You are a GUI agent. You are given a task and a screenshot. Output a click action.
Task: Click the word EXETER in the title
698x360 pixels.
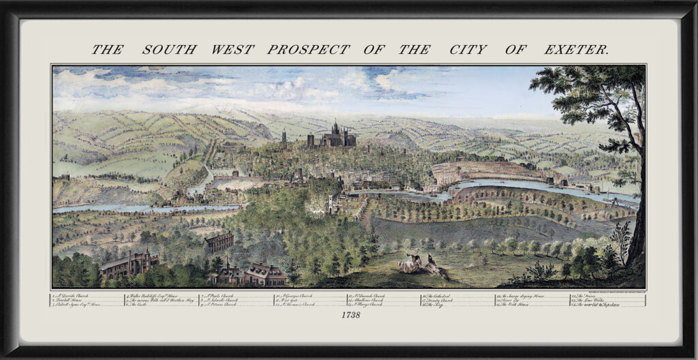coord(576,50)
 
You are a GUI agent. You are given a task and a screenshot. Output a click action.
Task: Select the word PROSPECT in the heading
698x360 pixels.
coord(308,50)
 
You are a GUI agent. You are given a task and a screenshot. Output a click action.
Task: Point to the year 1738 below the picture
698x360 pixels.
coord(349,315)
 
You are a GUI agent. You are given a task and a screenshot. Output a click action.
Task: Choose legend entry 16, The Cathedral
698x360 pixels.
coord(444,296)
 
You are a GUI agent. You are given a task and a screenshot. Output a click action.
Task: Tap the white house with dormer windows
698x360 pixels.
coord(265,273)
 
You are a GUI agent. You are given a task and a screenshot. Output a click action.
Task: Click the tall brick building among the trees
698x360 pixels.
coord(218,241)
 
